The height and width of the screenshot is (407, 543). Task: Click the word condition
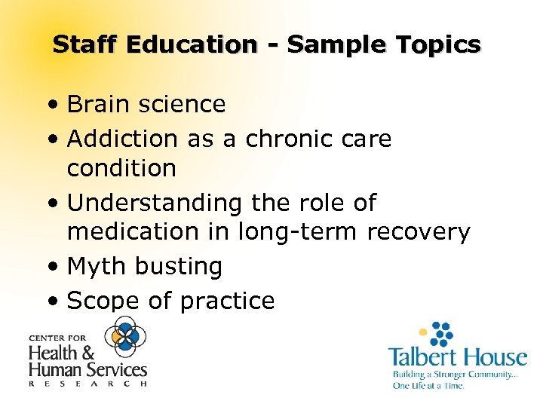point(121,168)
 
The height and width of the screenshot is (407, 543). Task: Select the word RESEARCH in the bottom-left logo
point(87,384)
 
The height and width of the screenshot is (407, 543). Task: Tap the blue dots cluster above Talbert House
point(440,332)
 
